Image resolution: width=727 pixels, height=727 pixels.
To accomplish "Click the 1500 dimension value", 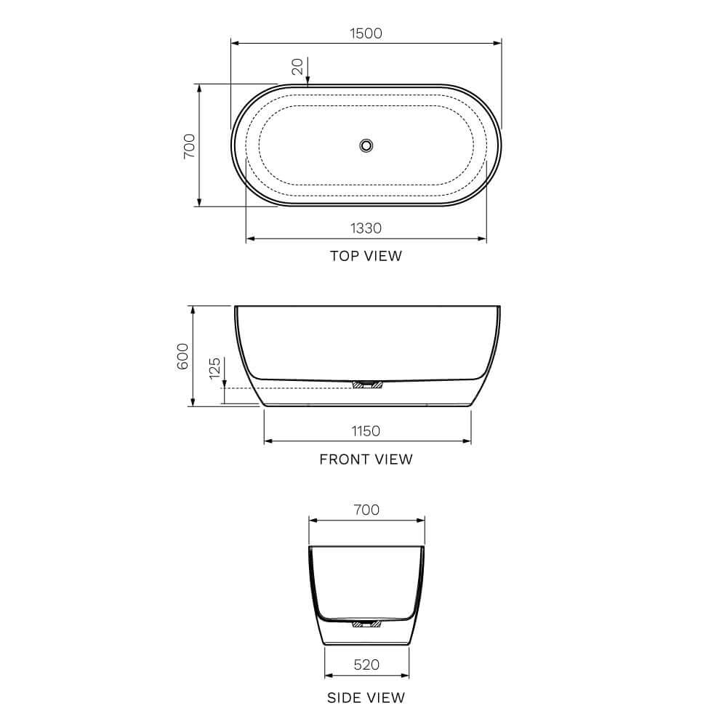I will (x=366, y=33).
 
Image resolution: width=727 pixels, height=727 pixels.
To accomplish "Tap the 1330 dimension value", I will (x=366, y=228).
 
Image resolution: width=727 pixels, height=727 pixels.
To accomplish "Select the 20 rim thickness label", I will (x=297, y=67).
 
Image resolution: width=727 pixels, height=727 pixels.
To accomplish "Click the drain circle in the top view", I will (x=366, y=145).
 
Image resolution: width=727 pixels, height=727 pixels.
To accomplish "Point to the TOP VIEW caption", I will (x=366, y=256).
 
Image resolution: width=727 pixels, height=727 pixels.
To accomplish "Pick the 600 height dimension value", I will (x=183, y=356).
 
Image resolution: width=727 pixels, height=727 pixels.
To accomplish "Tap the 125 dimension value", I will (x=214, y=369).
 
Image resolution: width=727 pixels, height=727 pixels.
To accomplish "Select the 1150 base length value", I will (x=366, y=431).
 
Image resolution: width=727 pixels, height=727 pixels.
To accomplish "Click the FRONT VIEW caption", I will (x=366, y=459).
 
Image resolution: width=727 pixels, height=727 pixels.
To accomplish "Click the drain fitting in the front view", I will (x=366, y=385).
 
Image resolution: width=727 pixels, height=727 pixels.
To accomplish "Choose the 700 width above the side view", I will (x=366, y=510).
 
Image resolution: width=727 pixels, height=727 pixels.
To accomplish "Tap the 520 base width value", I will (x=366, y=664).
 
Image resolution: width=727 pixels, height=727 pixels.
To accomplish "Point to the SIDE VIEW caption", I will (x=366, y=698).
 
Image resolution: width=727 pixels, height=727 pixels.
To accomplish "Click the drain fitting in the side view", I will (x=366, y=623).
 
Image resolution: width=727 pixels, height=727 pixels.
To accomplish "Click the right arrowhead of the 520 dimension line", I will (x=405, y=674).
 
